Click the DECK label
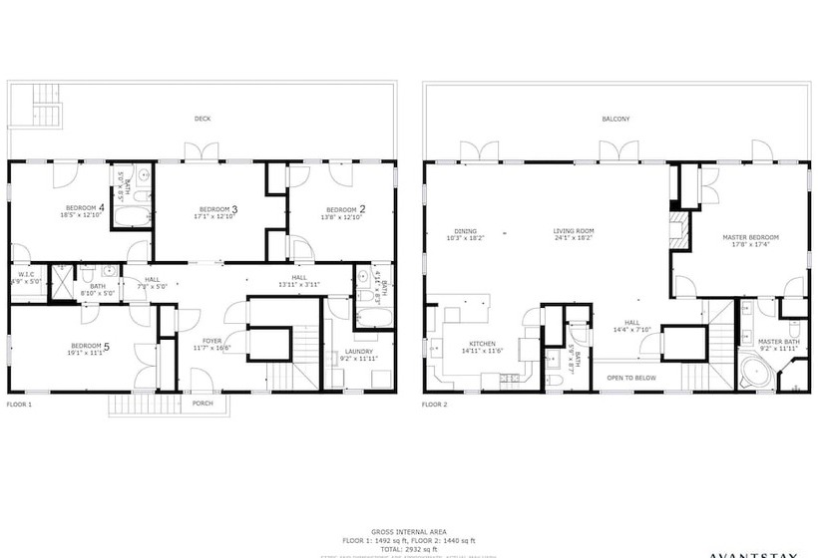pos(203,120)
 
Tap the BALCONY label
pos(615,120)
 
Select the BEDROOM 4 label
pos(82,208)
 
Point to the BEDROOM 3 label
pos(214,208)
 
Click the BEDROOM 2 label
pos(342,208)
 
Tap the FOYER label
pos(212,341)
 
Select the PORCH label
pos(203,404)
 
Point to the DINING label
pos(465,232)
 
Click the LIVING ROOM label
pos(574,232)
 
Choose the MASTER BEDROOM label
pos(750,236)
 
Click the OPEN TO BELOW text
pos(630,378)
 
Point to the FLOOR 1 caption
pos(20,405)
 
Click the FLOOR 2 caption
pos(434,405)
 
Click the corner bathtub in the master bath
pos(755,372)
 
